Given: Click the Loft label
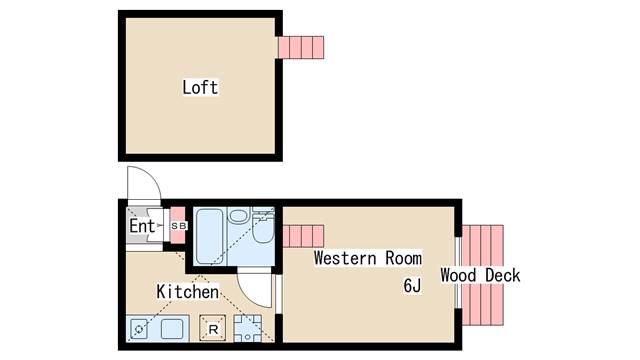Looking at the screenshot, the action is click(x=200, y=87).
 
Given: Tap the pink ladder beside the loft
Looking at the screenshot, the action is click(x=301, y=48).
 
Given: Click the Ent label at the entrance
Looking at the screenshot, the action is click(x=142, y=226).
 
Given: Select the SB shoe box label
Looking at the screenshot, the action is click(x=179, y=226).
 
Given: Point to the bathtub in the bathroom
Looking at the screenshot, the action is click(x=209, y=236).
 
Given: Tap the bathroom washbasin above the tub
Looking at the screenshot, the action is click(x=239, y=215).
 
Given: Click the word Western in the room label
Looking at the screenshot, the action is click(x=345, y=258).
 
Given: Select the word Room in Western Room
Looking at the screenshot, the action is click(x=403, y=258).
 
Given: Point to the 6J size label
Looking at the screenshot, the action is click(x=412, y=285).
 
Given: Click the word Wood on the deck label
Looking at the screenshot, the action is click(x=458, y=275).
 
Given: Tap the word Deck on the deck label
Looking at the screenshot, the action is click(x=503, y=275).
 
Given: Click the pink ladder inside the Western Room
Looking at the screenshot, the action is click(x=303, y=236).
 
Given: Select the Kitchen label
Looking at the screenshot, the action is click(x=187, y=292).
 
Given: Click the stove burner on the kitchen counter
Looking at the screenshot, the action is click(x=139, y=329).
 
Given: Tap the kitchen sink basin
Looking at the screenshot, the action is click(x=172, y=329).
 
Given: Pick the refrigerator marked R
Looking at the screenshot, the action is click(x=213, y=328).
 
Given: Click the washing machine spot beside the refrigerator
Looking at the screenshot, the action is click(x=247, y=328).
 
